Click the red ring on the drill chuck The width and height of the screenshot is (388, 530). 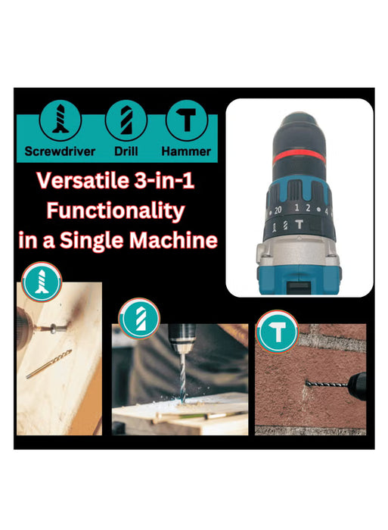300,155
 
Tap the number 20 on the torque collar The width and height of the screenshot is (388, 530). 278,209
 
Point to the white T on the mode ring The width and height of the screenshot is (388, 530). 300,224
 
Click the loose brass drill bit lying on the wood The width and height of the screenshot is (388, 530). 48,364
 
